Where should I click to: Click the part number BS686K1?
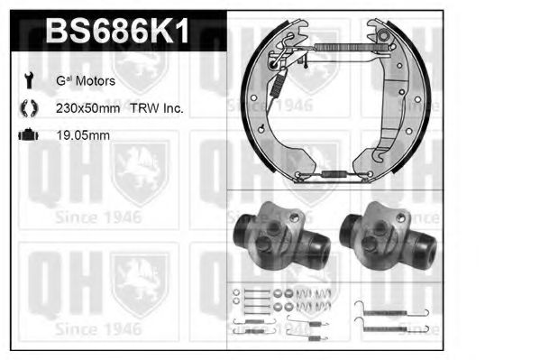tap(117, 31)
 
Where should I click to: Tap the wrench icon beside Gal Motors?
tap(29, 80)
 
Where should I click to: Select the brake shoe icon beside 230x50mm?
tap(29, 108)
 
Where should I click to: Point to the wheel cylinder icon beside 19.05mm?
tap(29, 134)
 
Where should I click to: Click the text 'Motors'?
tap(96, 81)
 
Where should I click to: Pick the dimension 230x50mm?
tap(87, 108)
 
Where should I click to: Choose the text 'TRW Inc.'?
tap(157, 108)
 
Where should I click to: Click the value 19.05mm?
tap(83, 135)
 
